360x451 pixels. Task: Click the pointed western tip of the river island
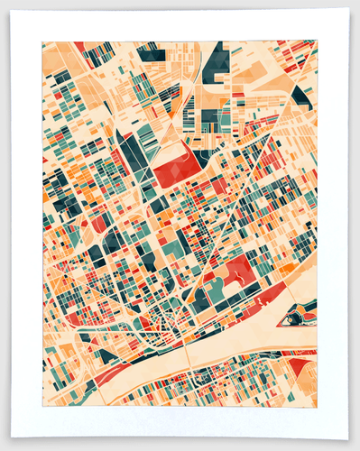coord(282,318)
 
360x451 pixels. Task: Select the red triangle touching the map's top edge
coord(79,46)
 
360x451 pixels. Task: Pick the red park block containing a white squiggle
coord(238,268)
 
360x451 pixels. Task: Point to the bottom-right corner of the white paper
coord(348,439)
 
